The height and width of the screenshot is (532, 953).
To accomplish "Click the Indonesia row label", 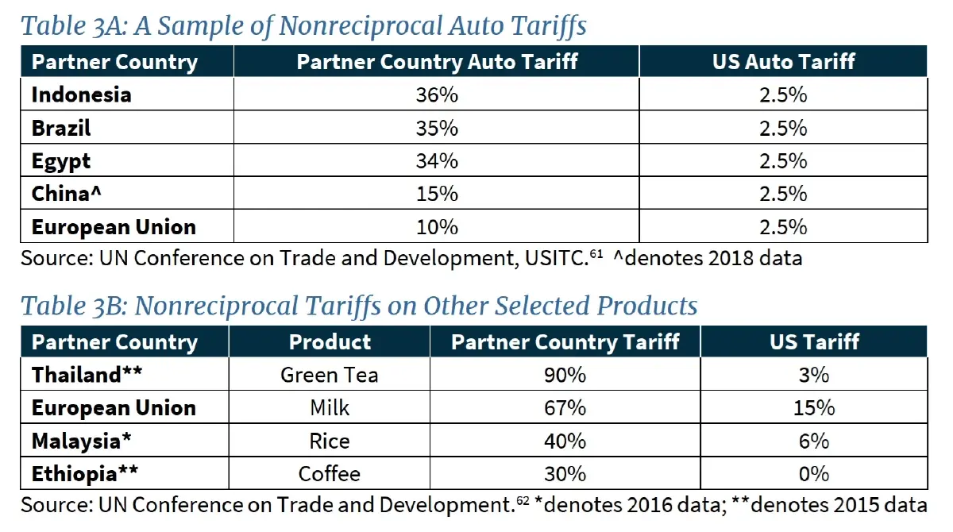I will (81, 95).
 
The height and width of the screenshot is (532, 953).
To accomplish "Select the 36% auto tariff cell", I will (436, 95).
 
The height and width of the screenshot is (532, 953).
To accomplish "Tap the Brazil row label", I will (61, 128).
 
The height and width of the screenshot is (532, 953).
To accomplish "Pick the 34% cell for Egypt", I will (436, 161).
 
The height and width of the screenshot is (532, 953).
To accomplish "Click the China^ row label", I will (68, 194).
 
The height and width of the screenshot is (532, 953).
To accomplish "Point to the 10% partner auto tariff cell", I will (436, 227).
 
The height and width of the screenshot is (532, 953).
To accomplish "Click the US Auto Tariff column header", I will (783, 62).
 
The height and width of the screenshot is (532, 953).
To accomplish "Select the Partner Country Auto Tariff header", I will (437, 62).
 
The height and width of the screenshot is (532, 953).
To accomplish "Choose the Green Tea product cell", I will (330, 375).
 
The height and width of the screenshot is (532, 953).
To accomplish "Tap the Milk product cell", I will (330, 408).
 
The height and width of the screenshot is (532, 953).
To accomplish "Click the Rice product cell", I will (330, 441).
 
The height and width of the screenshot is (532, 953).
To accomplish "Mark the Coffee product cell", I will (330, 474).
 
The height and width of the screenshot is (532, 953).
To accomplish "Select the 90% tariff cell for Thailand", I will (565, 375).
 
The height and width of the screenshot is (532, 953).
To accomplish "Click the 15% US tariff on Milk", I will (814, 408).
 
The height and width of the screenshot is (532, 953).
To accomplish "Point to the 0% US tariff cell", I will (814, 474).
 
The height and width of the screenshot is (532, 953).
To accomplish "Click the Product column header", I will (330, 342).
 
